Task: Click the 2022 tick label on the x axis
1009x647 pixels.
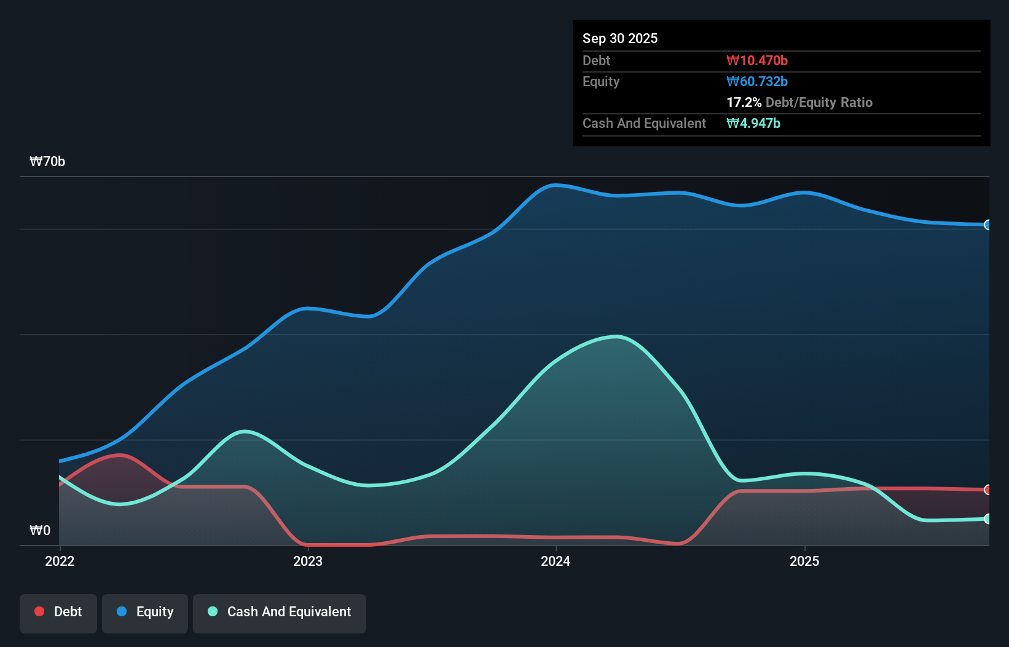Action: [60, 561]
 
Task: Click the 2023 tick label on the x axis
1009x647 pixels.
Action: [308, 561]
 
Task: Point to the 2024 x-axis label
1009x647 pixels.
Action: [556, 561]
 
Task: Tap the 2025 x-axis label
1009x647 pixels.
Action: [804, 561]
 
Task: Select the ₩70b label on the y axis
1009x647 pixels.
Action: [47, 162]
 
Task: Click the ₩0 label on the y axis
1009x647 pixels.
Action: [40, 530]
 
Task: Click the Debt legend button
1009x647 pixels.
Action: [58, 612]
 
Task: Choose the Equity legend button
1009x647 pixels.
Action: [145, 612]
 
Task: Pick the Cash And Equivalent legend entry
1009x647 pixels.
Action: [280, 612]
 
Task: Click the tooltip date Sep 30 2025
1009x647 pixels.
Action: [620, 38]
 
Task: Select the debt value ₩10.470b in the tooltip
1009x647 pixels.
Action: [757, 60]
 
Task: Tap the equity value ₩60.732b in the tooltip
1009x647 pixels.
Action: [757, 81]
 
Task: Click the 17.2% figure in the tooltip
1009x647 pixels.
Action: [744, 102]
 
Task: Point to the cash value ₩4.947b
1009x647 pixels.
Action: [753, 123]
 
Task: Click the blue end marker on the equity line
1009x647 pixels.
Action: [987, 225]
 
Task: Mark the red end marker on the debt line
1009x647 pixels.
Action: [987, 490]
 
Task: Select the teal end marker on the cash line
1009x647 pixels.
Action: [987, 519]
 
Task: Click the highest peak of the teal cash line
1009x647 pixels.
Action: [617, 336]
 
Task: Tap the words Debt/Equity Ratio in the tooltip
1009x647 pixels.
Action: [819, 102]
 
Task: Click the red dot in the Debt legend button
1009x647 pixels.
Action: [39, 611]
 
